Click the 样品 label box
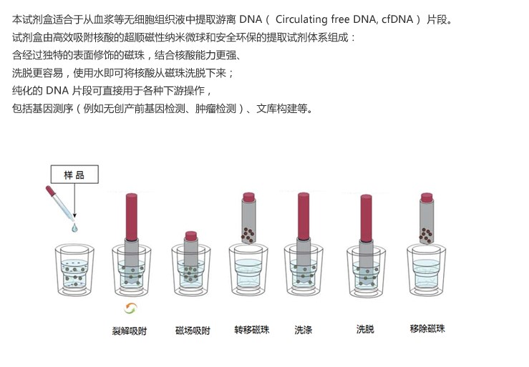[x=74, y=174]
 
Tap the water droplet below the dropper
[x=74, y=228]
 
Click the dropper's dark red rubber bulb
[x=51, y=191]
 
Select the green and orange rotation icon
[x=130, y=308]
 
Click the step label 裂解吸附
[x=130, y=331]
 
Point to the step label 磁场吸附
[x=193, y=331]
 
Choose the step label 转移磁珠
[x=252, y=330]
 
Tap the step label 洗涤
[x=304, y=330]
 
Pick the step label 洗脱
[x=365, y=329]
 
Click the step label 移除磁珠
[x=427, y=328]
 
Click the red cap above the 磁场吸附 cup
[x=191, y=236]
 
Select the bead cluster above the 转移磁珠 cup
[x=248, y=235]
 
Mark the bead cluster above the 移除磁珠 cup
[x=426, y=235]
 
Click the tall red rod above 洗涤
[x=304, y=216]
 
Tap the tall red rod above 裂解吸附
[x=132, y=217]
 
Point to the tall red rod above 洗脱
[x=366, y=218]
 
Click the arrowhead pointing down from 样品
[x=74, y=215]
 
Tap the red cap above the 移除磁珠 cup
[x=427, y=197]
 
